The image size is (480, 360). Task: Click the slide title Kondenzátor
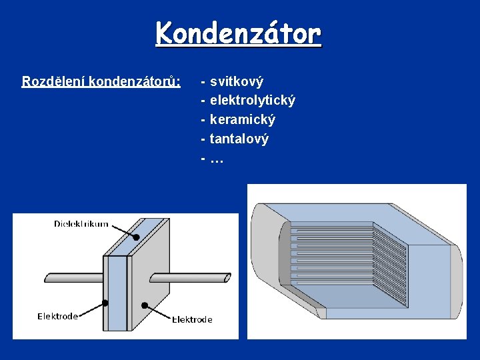tap(239, 33)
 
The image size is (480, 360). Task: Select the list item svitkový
tap(237, 81)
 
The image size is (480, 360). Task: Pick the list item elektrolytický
tap(253, 101)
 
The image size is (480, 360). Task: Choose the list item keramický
tap(243, 120)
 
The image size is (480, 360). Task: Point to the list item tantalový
tap(239, 139)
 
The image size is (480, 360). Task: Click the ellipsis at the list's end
tap(217, 159)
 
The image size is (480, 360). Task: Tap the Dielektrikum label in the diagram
tap(81, 224)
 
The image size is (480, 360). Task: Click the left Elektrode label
tap(57, 316)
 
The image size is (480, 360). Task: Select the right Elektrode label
tap(192, 319)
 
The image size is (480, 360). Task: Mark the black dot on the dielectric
tap(136, 237)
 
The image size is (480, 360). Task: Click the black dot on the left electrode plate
tap(105, 303)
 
